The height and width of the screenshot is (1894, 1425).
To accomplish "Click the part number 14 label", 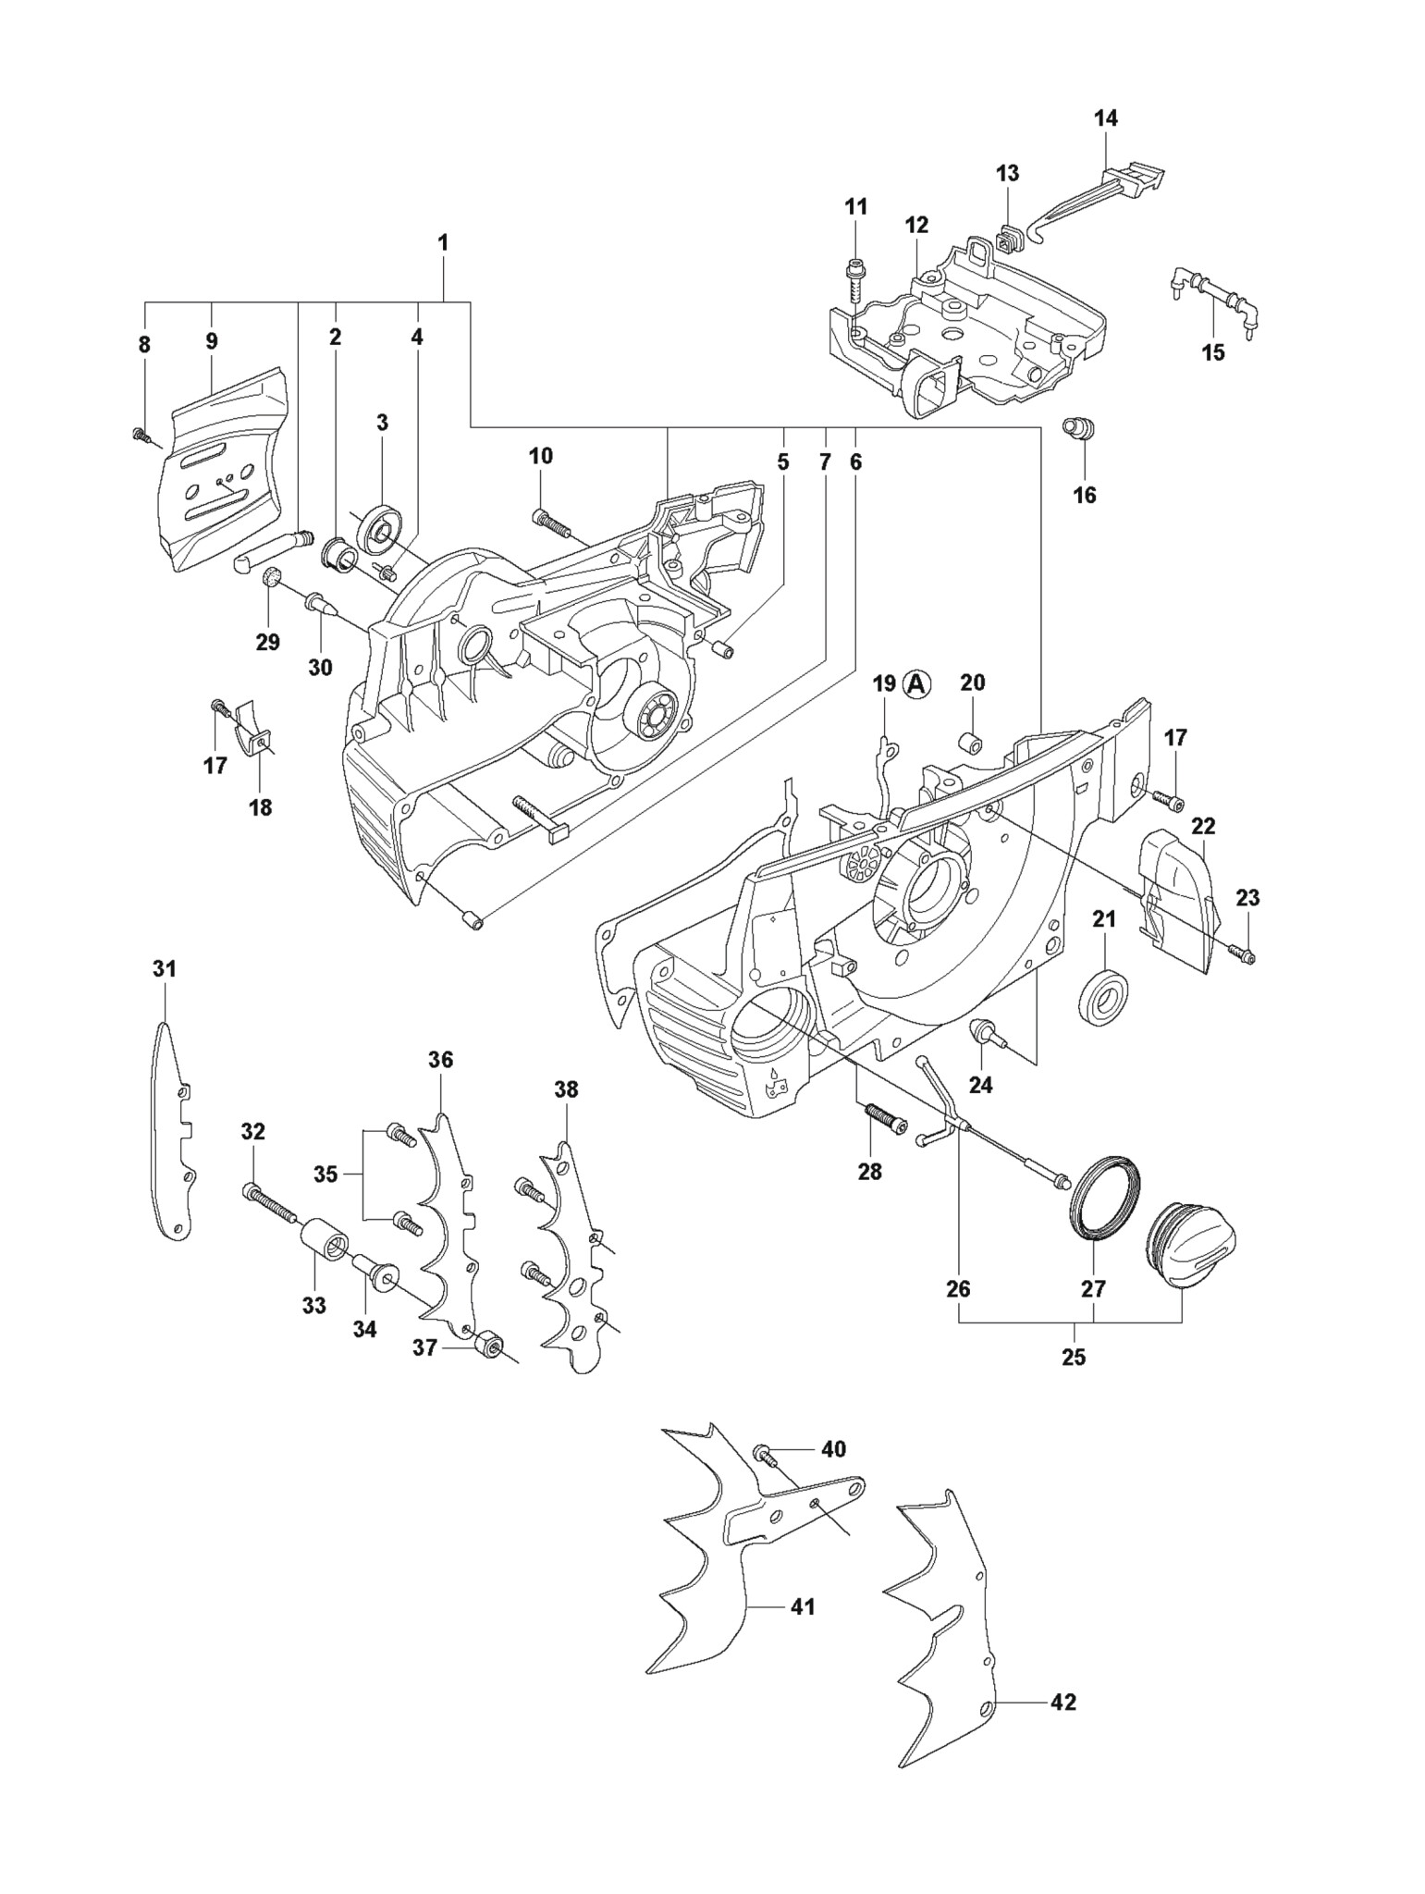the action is click(x=1105, y=118).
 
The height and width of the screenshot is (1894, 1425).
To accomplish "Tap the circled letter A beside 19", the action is click(x=917, y=683).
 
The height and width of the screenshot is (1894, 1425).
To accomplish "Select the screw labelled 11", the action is click(x=854, y=277).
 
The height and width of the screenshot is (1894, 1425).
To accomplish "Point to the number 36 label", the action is click(x=440, y=1060).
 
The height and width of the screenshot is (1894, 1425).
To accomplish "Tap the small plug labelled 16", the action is click(x=1079, y=430).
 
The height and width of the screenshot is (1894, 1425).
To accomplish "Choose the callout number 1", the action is click(x=443, y=242).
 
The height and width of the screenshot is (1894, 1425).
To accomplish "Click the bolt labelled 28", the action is click(x=880, y=1121).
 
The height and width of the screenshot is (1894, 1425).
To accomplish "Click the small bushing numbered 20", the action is click(x=970, y=743).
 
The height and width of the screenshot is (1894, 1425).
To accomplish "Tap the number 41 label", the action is click(x=803, y=1607).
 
